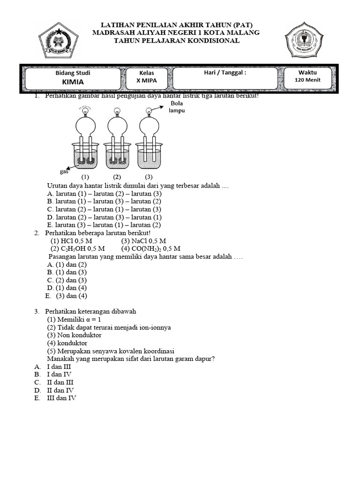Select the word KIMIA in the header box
point(73,82)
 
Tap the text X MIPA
point(146,81)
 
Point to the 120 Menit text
point(307,80)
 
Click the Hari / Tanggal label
point(225,73)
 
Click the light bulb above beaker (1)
point(85,111)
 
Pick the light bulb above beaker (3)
point(149,111)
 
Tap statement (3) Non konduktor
point(74,335)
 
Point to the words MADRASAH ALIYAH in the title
point(136,33)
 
